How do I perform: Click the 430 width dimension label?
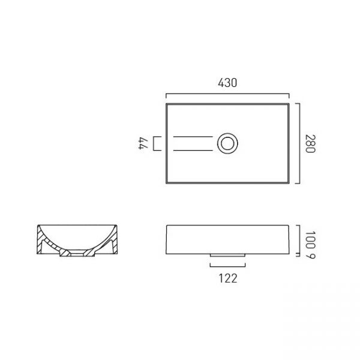coord(227,83)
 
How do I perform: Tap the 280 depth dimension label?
coord(310,144)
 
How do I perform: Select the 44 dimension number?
coord(143,143)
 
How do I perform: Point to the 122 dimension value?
coord(228,278)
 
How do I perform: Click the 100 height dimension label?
coord(310,240)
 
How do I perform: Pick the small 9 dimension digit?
coord(311,256)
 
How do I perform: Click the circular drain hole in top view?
coord(227,143)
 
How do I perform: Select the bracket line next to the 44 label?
coord(154,143)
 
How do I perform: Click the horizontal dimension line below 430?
coord(227,94)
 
